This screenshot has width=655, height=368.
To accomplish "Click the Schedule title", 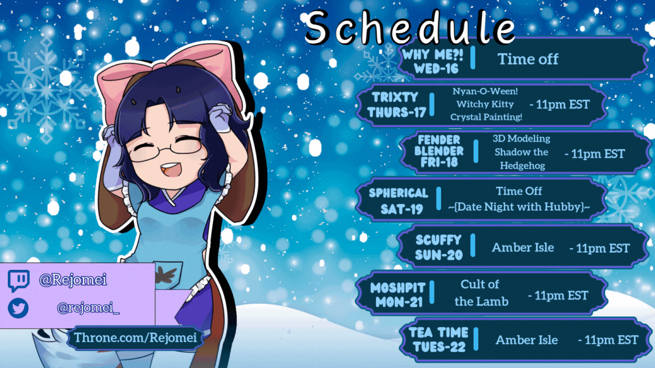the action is click(410, 27).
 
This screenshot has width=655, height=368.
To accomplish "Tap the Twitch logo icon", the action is click(19, 281).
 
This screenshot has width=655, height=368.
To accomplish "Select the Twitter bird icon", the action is click(18, 308).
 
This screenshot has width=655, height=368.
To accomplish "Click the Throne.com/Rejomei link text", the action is click(135, 337).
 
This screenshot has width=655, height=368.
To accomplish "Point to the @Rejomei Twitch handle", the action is click(73, 279).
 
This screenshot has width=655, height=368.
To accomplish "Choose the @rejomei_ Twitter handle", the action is click(88, 308).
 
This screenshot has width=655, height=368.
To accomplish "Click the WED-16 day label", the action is click(436, 69).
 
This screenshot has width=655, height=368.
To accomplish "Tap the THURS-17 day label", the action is click(396, 112).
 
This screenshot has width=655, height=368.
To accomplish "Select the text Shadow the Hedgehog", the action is click(522, 158).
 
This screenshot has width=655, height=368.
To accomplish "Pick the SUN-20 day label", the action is click(438, 254).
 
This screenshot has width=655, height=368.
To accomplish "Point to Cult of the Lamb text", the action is click(481, 293).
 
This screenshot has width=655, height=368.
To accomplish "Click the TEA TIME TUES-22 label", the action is click(438, 339).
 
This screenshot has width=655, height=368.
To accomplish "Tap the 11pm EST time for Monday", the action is click(558, 296).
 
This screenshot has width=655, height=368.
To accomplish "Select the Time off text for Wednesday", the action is click(528, 59).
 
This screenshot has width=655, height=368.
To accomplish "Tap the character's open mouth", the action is click(171, 169).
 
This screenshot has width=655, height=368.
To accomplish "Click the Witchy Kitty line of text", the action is click(485, 104).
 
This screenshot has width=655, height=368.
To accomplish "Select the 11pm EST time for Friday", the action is click(594, 154).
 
